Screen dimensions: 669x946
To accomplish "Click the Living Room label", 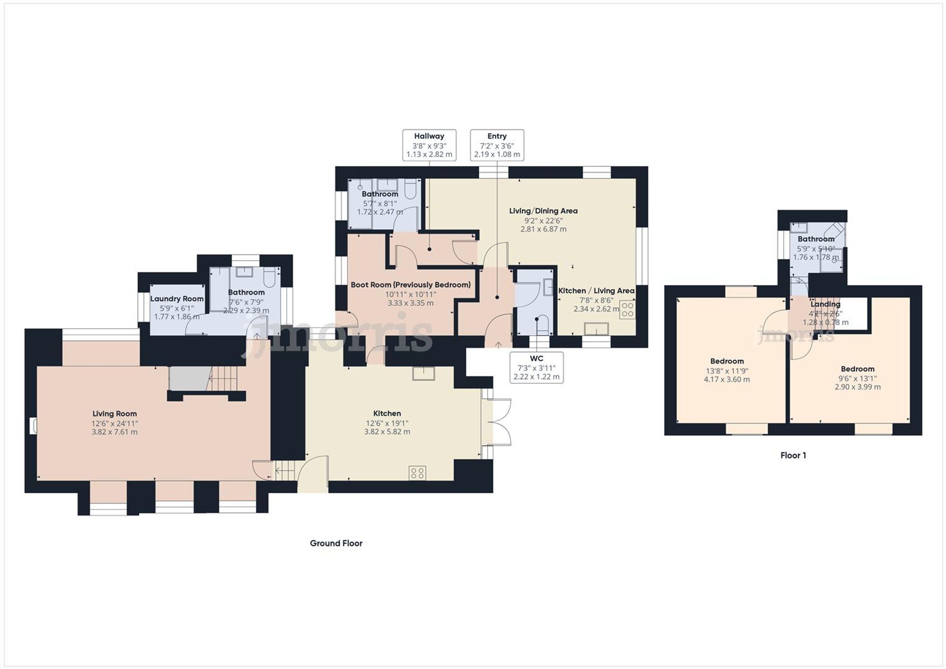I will (x=114, y=414).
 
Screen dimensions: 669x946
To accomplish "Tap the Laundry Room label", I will (x=177, y=299).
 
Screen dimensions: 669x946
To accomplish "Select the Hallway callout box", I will (x=429, y=145).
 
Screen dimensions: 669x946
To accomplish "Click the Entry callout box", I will (x=497, y=145).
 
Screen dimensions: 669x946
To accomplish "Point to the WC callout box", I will (x=536, y=367).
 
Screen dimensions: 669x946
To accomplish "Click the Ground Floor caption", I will (x=336, y=543).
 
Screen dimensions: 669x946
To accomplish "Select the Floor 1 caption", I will (x=793, y=455).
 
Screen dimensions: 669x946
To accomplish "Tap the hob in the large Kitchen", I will (x=418, y=473).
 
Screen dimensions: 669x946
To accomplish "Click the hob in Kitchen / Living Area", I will (x=627, y=310).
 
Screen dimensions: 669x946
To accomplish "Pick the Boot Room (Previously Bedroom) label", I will (x=411, y=285).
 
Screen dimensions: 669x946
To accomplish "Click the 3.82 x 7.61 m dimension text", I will (x=114, y=432).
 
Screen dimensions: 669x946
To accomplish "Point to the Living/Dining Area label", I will (x=543, y=211).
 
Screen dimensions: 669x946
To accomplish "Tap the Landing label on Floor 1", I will (x=825, y=304).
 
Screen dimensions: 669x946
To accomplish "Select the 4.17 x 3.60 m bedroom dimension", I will (x=727, y=379).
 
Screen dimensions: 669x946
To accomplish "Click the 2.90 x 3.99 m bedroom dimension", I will (x=857, y=387).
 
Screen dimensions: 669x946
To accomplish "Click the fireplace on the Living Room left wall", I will (x=34, y=426).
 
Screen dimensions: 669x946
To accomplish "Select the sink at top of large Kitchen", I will (x=423, y=374).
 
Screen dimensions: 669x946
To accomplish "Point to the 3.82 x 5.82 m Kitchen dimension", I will (x=387, y=432).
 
